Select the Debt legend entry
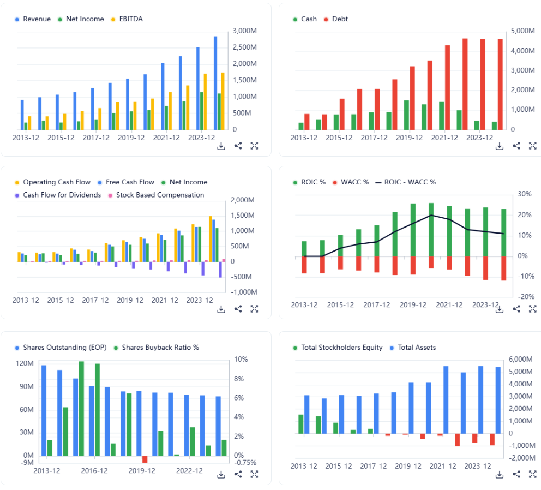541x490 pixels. (339, 19)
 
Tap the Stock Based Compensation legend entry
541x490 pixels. (160, 195)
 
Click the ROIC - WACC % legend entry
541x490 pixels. (410, 182)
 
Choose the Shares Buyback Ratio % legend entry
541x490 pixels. (160, 348)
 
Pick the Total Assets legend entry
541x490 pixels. (416, 348)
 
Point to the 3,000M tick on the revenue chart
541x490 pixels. (244, 31)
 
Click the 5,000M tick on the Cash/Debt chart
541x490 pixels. (522, 31)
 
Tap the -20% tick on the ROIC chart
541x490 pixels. (526, 297)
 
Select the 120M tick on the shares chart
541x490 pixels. (25, 364)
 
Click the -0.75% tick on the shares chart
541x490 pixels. (245, 463)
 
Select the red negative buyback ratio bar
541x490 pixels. (145, 459)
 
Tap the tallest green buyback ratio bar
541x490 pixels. (81, 408)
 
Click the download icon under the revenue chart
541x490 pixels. (221, 146)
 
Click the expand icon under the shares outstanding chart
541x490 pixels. (254, 474)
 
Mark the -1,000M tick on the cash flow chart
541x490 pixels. (243, 292)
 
